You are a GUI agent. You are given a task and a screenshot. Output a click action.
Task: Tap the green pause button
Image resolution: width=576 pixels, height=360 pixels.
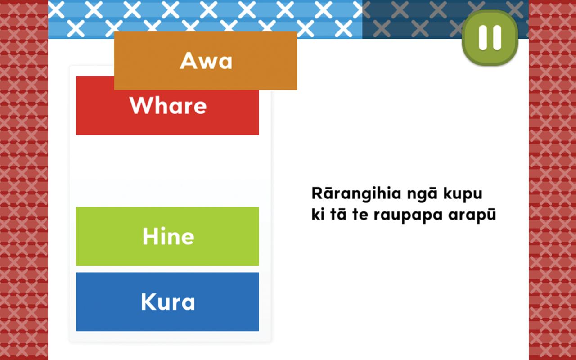(490, 37)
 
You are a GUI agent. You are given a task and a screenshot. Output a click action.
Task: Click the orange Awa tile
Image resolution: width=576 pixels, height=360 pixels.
(206, 61)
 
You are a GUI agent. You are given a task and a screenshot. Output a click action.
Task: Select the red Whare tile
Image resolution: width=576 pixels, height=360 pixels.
(167, 112)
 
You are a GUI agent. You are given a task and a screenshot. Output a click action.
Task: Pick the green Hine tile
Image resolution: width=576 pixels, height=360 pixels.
(167, 236)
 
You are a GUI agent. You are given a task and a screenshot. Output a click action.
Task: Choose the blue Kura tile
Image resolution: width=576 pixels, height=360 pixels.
(167, 302)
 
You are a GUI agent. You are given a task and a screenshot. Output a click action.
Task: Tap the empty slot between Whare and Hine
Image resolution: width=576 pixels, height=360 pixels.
(167, 171)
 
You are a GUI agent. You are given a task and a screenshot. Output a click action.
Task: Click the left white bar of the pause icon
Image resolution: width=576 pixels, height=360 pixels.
(483, 37)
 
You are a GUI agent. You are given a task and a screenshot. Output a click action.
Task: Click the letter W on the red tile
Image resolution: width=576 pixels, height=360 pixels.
(140, 105)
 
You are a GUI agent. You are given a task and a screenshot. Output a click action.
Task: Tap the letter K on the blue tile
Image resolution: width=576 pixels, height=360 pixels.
(148, 302)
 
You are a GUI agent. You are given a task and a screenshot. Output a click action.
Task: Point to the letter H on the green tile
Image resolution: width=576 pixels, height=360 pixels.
(149, 236)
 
